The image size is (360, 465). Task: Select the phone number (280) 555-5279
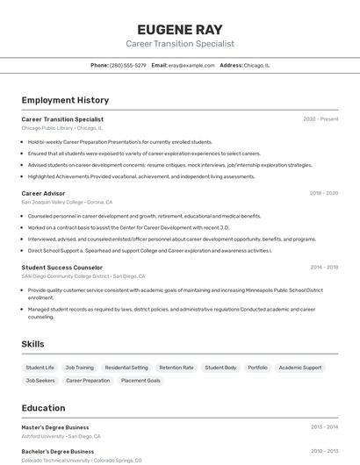129,65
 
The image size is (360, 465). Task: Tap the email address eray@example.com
191,65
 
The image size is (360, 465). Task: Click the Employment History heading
65,100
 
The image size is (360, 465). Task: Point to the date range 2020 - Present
320,119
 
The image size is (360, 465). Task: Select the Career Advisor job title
43,193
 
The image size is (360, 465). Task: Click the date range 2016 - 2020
324,193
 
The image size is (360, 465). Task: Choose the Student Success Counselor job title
62,267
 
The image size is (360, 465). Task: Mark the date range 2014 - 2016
324,267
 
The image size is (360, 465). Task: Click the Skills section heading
32,344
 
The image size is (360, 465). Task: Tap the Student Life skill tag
40,368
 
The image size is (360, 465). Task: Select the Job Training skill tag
79,368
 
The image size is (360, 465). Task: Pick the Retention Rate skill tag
176,368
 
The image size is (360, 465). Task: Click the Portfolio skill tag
257,368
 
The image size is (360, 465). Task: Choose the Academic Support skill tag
300,368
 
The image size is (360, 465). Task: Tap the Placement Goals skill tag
140,381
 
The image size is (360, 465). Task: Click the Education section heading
43,408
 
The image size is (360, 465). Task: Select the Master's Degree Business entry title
55,427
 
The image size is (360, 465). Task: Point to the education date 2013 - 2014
324,427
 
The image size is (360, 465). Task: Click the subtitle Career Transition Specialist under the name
180,44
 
